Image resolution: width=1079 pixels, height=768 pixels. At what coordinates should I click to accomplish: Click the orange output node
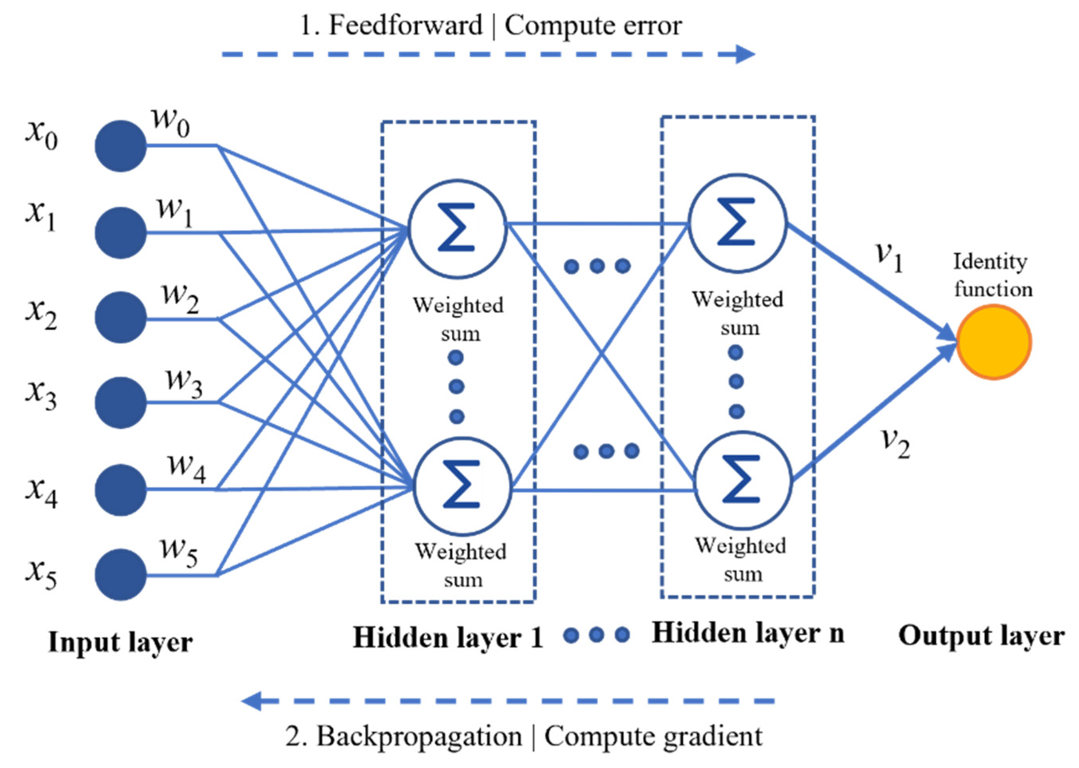(993, 342)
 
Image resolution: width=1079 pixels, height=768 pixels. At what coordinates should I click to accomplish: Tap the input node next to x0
(121, 146)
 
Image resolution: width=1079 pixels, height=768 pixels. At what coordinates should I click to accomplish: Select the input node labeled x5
(121, 575)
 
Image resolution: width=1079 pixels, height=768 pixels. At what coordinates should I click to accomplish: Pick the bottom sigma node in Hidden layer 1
(462, 486)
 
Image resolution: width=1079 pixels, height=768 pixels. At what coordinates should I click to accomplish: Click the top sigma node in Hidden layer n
(737, 223)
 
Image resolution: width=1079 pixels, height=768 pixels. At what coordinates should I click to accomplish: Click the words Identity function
(993, 275)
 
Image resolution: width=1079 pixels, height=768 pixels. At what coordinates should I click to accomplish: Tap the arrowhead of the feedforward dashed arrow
(745, 54)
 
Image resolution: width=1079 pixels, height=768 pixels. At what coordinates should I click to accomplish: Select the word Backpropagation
(419, 737)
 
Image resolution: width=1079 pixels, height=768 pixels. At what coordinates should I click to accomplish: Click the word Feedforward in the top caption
(406, 25)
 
